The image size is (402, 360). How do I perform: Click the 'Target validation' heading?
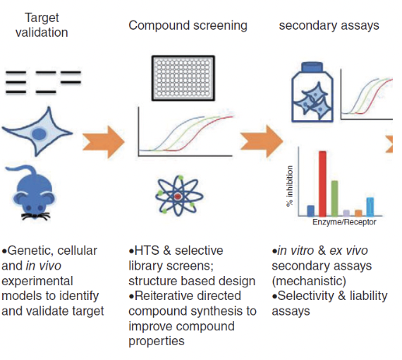point(42,25)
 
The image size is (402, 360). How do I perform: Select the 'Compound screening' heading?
point(188,25)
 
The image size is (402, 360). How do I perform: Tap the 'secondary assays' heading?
point(329,25)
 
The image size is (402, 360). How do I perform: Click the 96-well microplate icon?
point(183,78)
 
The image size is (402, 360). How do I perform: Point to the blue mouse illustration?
point(33,193)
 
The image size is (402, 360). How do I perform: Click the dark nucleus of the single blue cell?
point(39,134)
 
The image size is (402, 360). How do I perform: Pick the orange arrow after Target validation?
point(103,142)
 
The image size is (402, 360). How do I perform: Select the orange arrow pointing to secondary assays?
point(262,141)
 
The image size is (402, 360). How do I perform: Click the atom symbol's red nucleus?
point(178,196)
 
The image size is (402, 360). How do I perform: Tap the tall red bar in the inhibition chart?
point(322,184)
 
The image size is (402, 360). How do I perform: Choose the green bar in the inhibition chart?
point(334,198)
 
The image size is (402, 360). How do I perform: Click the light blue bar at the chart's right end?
point(370,207)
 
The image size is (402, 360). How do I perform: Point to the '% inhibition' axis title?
point(290,186)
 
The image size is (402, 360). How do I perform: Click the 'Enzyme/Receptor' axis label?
point(344,222)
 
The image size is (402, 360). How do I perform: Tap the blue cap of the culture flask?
point(312,67)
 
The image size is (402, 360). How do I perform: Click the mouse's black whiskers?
point(35,216)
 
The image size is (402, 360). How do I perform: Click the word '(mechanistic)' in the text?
point(309,281)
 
